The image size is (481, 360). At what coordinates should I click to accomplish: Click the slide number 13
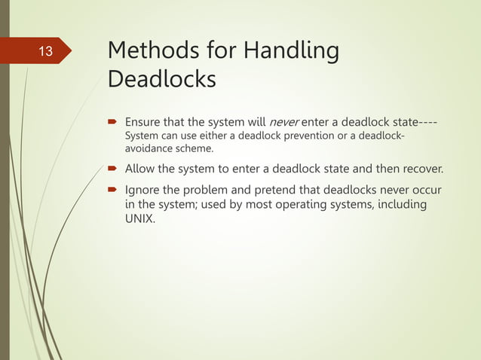coord(45,52)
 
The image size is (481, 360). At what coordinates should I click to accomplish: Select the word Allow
coord(140,167)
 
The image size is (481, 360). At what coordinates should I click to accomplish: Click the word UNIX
coord(139,220)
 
